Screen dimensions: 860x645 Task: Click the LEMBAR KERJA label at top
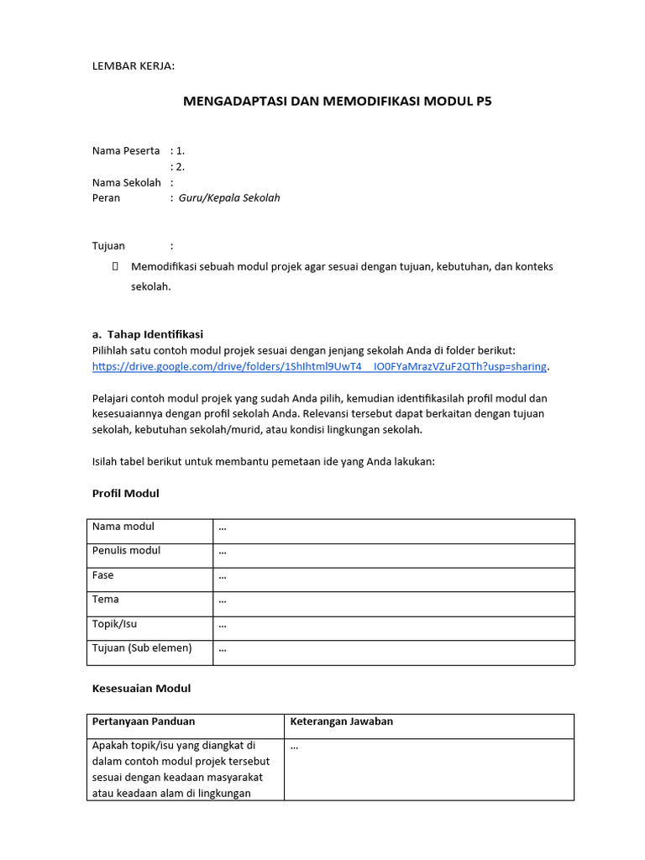pyautogui.click(x=134, y=66)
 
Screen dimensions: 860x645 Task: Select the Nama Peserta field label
pyautogui.click(x=125, y=150)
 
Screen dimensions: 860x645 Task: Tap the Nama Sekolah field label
pyautogui.click(x=126, y=182)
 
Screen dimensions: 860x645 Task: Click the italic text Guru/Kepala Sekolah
pyautogui.click(x=229, y=198)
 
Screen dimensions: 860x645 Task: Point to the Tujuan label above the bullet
pyautogui.click(x=108, y=246)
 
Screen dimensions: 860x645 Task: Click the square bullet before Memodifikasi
pyautogui.click(x=115, y=266)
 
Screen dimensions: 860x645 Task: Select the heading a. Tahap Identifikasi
pyautogui.click(x=147, y=334)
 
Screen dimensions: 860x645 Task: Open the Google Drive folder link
pyautogui.click(x=319, y=367)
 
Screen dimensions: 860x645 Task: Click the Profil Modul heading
pyautogui.click(x=125, y=494)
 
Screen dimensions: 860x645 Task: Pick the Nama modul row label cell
pyautogui.click(x=123, y=527)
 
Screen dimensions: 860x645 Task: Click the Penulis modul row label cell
pyautogui.click(x=126, y=551)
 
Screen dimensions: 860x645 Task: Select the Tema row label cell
pyautogui.click(x=105, y=600)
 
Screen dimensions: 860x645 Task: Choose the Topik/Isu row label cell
pyautogui.click(x=113, y=624)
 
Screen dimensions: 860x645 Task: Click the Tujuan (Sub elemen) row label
pyautogui.click(x=141, y=648)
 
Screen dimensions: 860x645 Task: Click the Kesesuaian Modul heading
pyautogui.click(x=141, y=689)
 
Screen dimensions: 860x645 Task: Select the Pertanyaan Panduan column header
pyautogui.click(x=143, y=721)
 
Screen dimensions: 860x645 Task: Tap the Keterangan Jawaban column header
pyautogui.click(x=341, y=721)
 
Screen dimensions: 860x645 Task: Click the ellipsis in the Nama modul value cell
pyautogui.click(x=223, y=528)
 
